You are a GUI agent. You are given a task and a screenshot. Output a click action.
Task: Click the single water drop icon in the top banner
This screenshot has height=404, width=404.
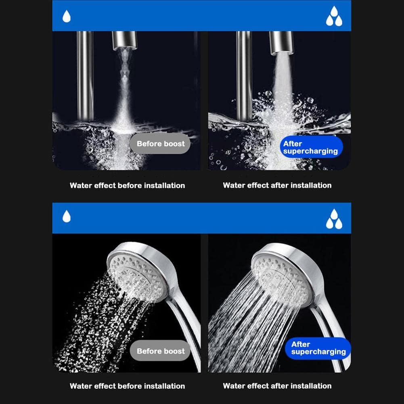point(67,16)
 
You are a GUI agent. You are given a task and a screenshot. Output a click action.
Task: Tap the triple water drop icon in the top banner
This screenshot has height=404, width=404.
point(334,16)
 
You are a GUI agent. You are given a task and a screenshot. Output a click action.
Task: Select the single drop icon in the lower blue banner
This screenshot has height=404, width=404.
point(67,216)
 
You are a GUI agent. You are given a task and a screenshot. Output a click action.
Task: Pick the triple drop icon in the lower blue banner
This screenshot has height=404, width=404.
point(334,219)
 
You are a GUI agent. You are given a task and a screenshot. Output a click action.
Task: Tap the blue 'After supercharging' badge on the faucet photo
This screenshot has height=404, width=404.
point(311,147)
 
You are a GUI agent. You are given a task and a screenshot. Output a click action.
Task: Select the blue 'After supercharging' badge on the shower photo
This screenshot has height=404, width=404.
point(318,348)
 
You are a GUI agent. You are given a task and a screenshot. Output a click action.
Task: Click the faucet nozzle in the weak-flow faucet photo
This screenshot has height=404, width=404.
point(124,40)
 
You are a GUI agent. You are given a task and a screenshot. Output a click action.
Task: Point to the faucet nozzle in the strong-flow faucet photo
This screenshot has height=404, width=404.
point(281,42)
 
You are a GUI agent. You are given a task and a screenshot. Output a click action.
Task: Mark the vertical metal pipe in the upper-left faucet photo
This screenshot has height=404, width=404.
point(85,76)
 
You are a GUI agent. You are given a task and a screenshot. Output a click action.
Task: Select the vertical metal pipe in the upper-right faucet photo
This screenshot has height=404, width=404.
point(244,76)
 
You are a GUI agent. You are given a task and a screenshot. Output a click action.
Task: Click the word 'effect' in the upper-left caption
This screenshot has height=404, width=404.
point(105,186)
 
